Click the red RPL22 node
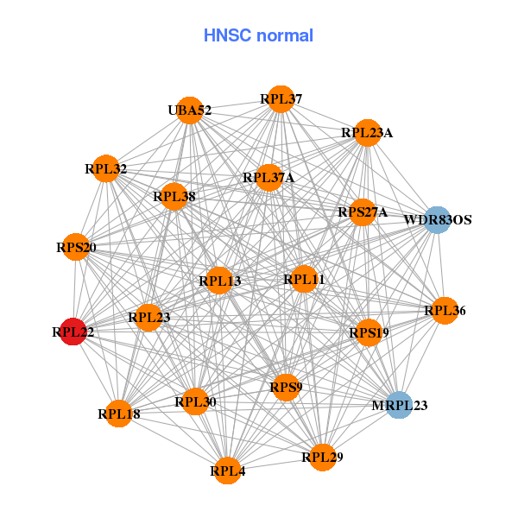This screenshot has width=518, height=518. pos(73,331)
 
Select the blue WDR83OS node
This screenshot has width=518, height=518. pos(437,219)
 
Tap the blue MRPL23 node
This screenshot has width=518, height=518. pos(398,404)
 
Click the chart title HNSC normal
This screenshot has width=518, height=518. pos(258,35)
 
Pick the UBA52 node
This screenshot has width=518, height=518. pos(190,110)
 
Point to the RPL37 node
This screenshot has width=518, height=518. pos(281,99)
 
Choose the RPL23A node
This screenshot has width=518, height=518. pos(367,133)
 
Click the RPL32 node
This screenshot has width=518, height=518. pos(106,168)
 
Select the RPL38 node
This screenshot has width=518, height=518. pos(174,196)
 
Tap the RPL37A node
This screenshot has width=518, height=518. pos(268,178)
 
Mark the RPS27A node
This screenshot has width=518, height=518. pos(362,212)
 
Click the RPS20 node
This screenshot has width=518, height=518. pos(77,248)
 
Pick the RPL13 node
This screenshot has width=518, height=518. pos(219,281)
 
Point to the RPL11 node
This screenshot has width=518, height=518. pos(304,279)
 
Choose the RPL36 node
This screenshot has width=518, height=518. pos(445,311)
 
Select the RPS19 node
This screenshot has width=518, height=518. pos(370,332)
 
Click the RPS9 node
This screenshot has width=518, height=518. pos(286,387)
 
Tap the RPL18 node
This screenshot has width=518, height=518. pos(118,414)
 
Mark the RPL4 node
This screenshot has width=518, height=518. pos(227,471)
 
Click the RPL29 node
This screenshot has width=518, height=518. pos(322,457)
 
